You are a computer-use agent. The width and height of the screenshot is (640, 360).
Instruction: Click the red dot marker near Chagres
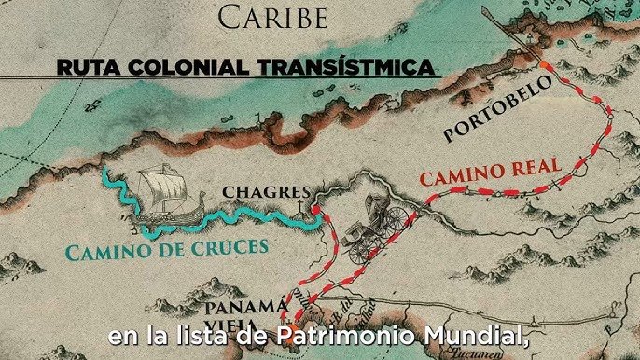click(314, 211)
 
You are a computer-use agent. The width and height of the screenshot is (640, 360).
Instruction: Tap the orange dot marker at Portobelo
click(544, 64)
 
